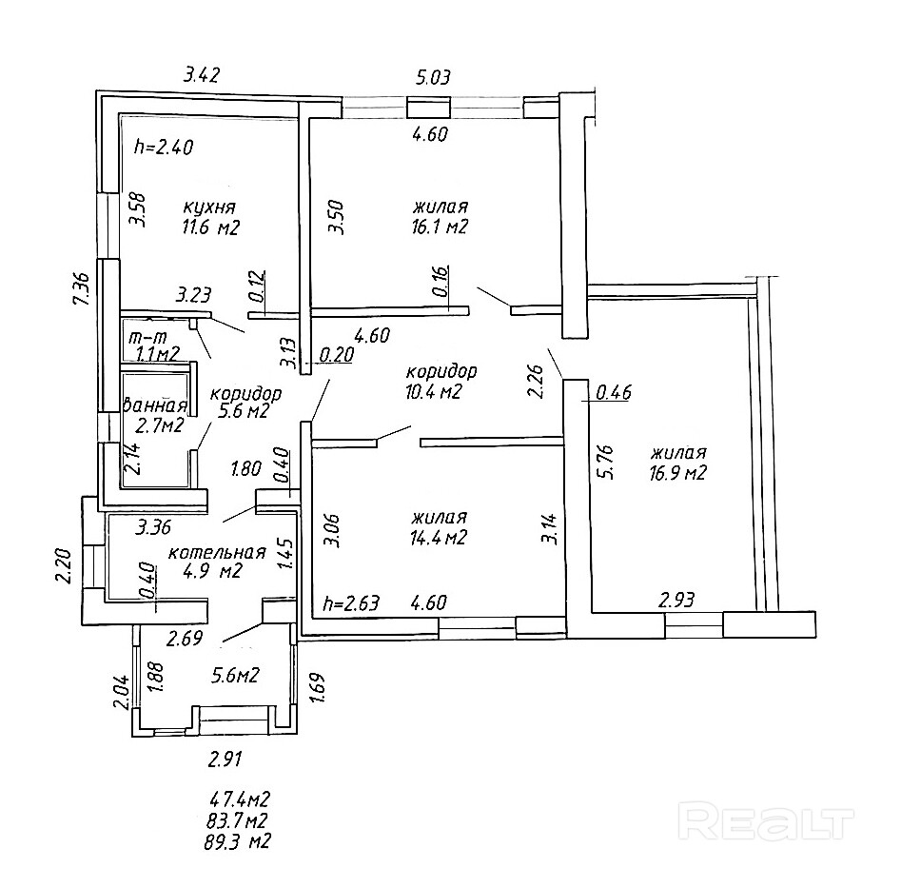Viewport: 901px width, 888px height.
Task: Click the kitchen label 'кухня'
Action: pos(209,207)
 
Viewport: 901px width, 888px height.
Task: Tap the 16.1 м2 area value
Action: pos(441,227)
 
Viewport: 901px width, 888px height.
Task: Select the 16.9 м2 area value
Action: pos(678,473)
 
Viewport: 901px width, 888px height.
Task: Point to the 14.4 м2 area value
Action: pos(439,538)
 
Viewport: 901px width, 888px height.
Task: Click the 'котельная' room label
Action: pos(217,552)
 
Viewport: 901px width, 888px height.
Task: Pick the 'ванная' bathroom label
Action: pos(156,405)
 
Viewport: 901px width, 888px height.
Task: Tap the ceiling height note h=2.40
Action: pos(164,148)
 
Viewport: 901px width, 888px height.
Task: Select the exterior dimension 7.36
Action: pos(83,290)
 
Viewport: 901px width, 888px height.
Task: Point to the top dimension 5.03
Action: pos(433,76)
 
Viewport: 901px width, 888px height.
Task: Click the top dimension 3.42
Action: pos(202,75)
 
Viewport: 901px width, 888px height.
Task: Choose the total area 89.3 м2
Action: pos(237,841)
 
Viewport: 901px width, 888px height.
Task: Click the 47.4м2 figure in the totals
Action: pos(239,799)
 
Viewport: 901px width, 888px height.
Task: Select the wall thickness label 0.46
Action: pos(614,392)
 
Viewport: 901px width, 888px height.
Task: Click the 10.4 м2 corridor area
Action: pos(434,392)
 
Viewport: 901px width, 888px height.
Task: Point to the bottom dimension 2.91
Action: pos(225,760)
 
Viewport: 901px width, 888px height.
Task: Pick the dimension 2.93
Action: pos(676,601)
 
